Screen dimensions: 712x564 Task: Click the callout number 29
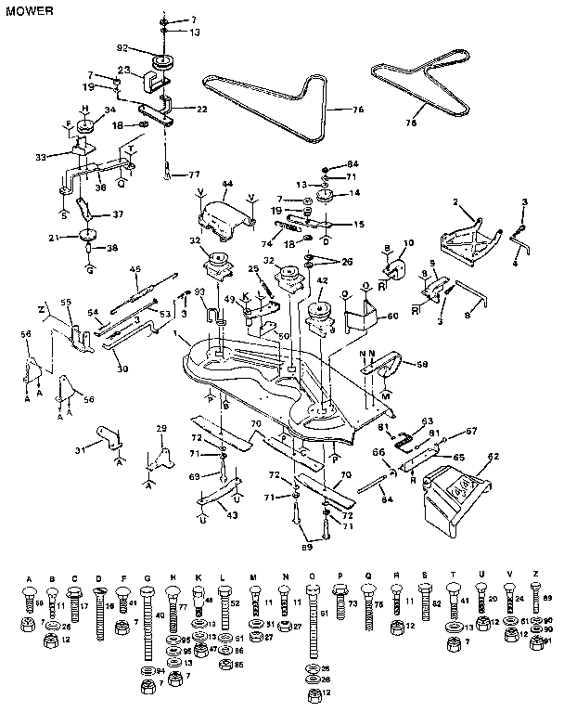tap(161, 428)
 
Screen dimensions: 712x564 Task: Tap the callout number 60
tap(393, 317)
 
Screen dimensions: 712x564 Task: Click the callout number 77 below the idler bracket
tap(193, 174)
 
